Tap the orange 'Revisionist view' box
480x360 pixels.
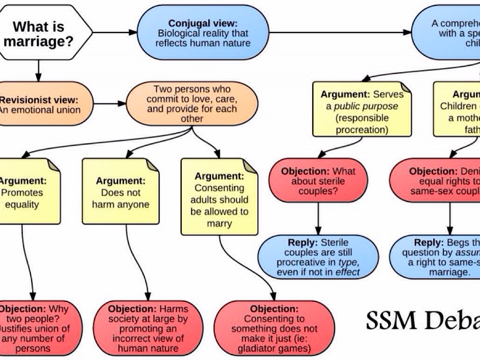point(42,104)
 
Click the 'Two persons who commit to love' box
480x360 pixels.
point(192,104)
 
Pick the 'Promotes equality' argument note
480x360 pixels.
point(28,192)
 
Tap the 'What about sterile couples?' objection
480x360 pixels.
point(318,181)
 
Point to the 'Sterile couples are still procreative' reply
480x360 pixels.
point(318,257)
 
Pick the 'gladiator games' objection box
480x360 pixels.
point(274,328)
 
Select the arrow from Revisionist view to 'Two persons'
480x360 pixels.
point(109,104)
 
